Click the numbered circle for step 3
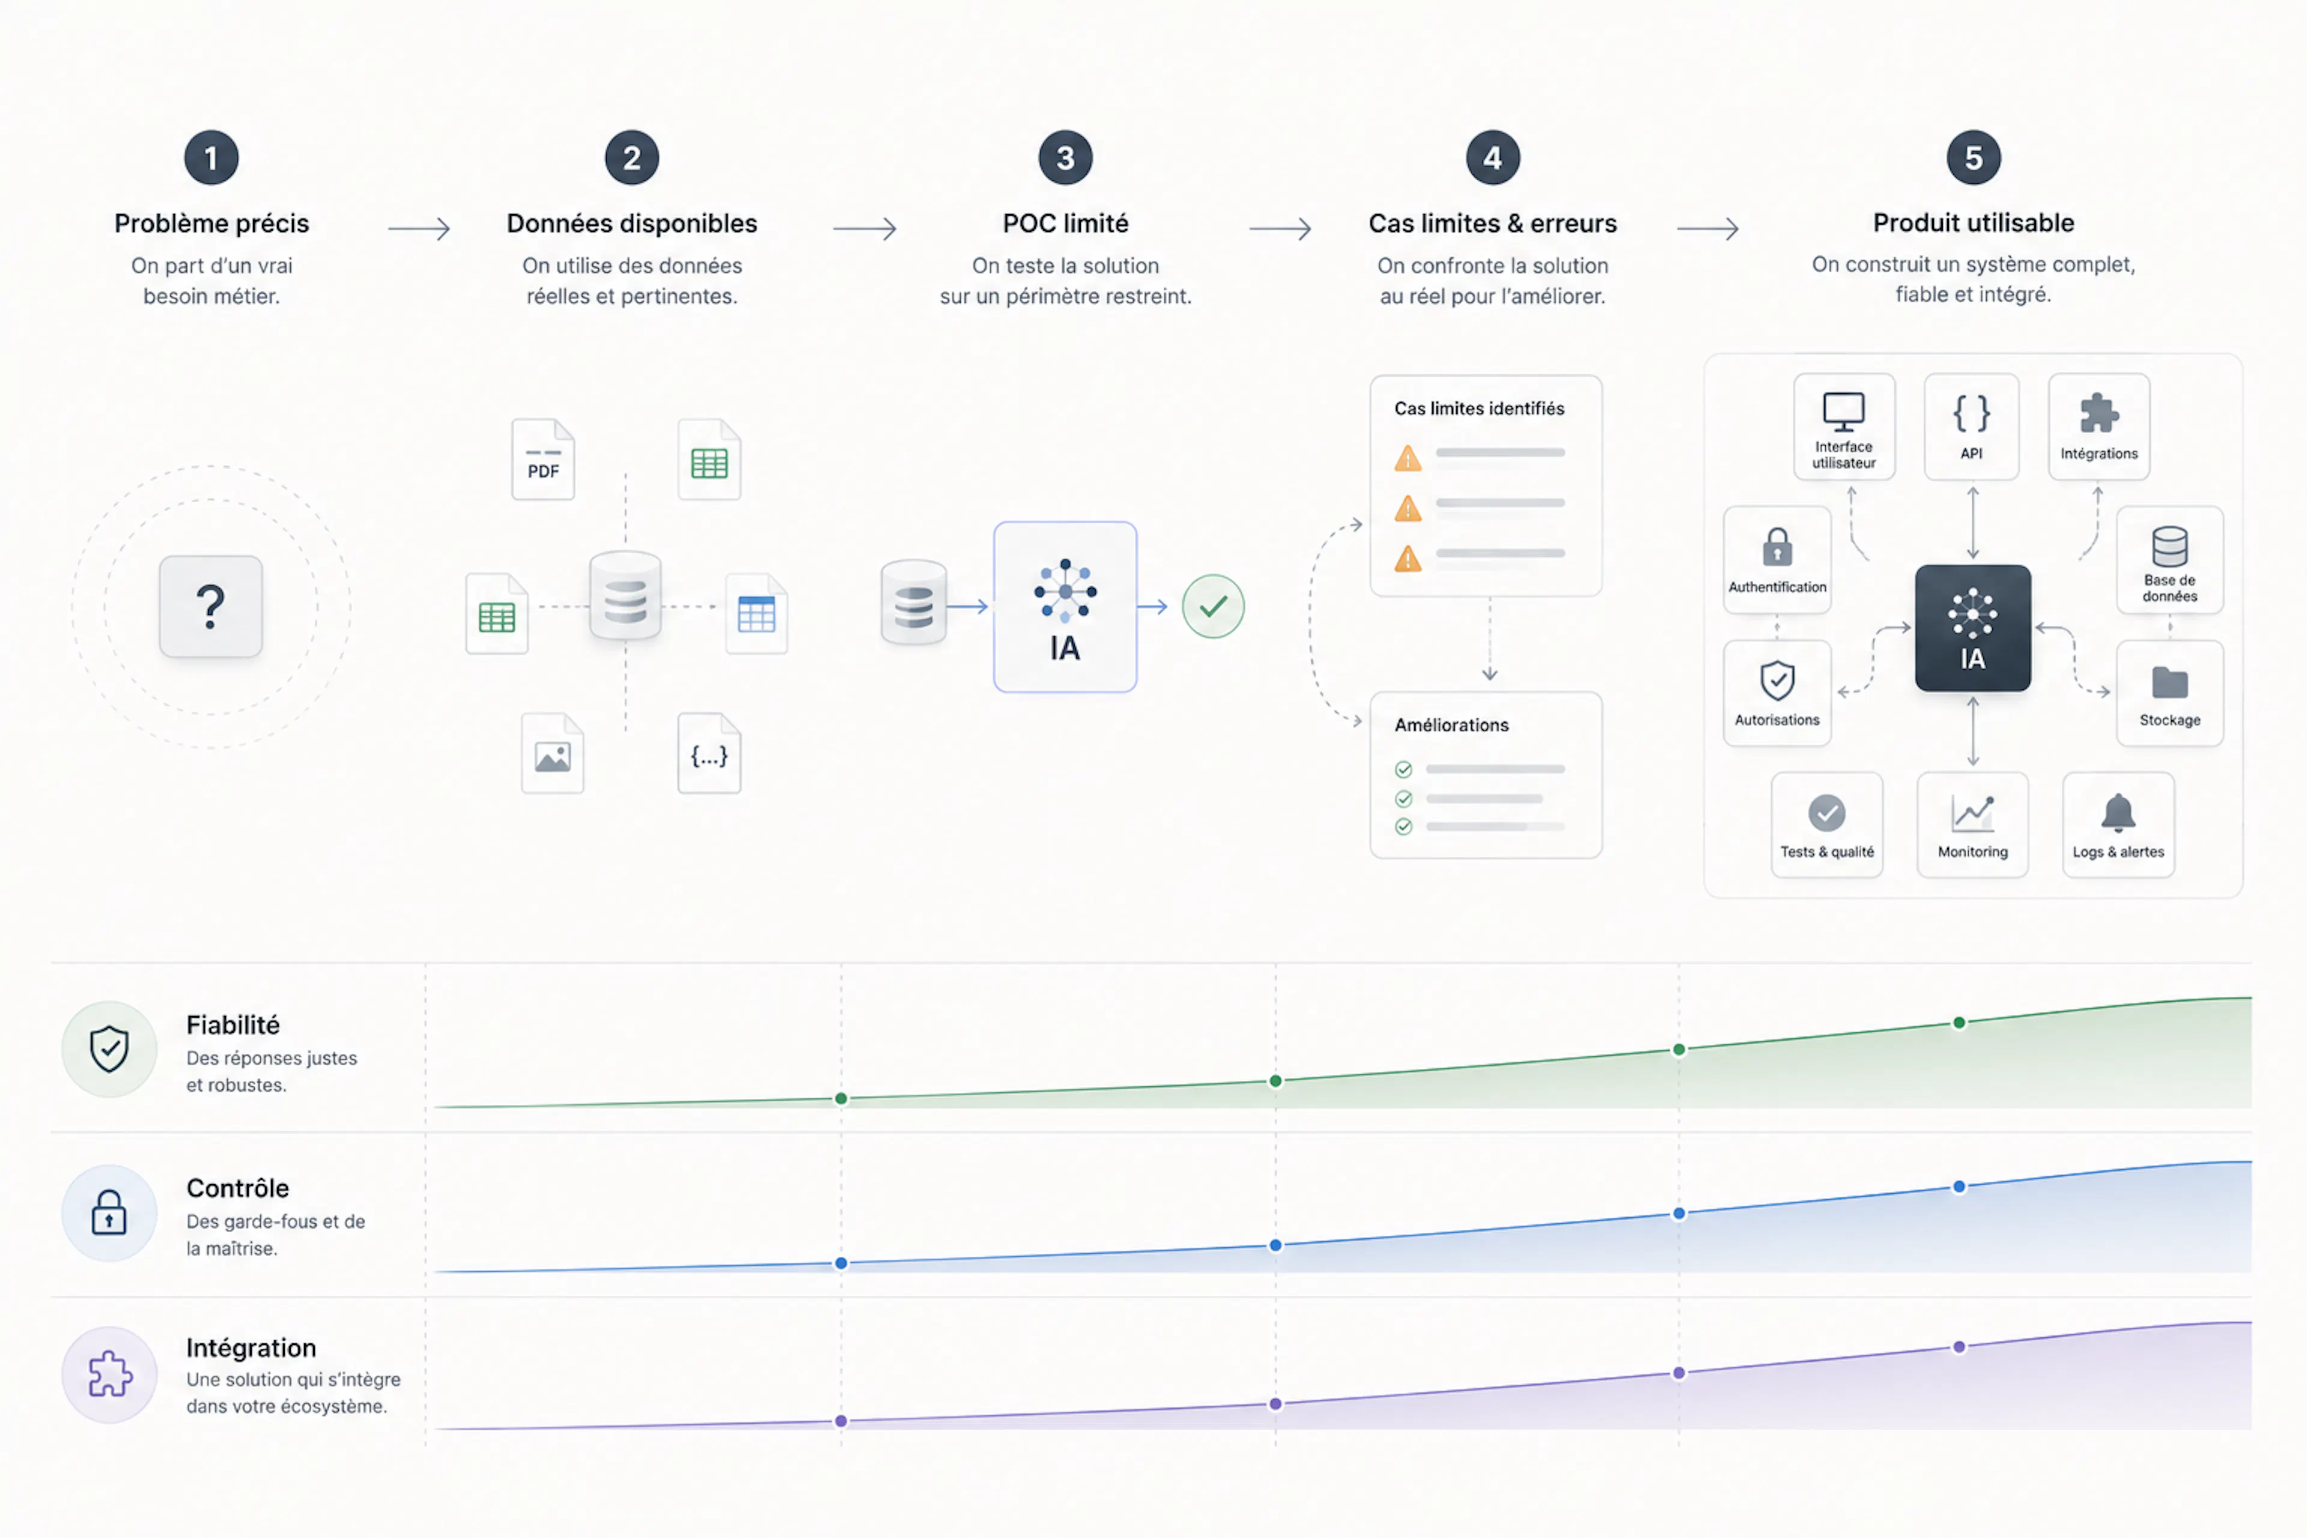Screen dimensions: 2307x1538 1065,158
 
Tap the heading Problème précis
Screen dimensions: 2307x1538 212,223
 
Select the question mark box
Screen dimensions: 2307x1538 211,606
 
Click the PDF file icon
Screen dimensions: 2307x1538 543,459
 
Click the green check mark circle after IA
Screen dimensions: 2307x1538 1214,606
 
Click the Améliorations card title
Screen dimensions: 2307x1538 1451,725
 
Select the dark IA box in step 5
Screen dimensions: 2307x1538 1972,628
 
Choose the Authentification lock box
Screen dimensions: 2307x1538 1777,560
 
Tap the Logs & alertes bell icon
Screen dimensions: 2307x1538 2119,813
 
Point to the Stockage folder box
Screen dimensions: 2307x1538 2169,693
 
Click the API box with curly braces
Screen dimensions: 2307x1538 1972,427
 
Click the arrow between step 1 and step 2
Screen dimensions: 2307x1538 419,228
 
